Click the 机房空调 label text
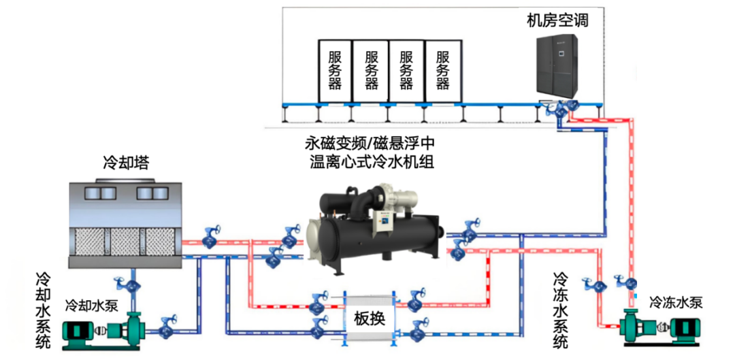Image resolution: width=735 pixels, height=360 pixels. pos(557,20)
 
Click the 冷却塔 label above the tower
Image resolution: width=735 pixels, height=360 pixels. pos(126,163)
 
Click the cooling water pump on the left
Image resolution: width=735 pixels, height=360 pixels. pos(102,331)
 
